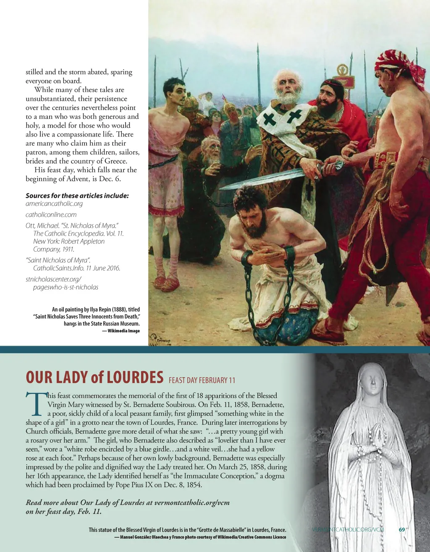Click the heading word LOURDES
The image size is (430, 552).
135,377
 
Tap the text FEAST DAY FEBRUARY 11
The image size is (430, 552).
202,380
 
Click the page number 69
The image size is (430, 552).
402,530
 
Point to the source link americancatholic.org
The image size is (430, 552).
54,204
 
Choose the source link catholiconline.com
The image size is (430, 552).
51,215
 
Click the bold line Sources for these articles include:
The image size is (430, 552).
77,195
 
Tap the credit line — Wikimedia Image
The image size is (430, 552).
121,331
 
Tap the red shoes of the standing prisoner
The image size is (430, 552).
165,283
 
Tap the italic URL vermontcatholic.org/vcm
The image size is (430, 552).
192,502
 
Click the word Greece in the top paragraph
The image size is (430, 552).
113,161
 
